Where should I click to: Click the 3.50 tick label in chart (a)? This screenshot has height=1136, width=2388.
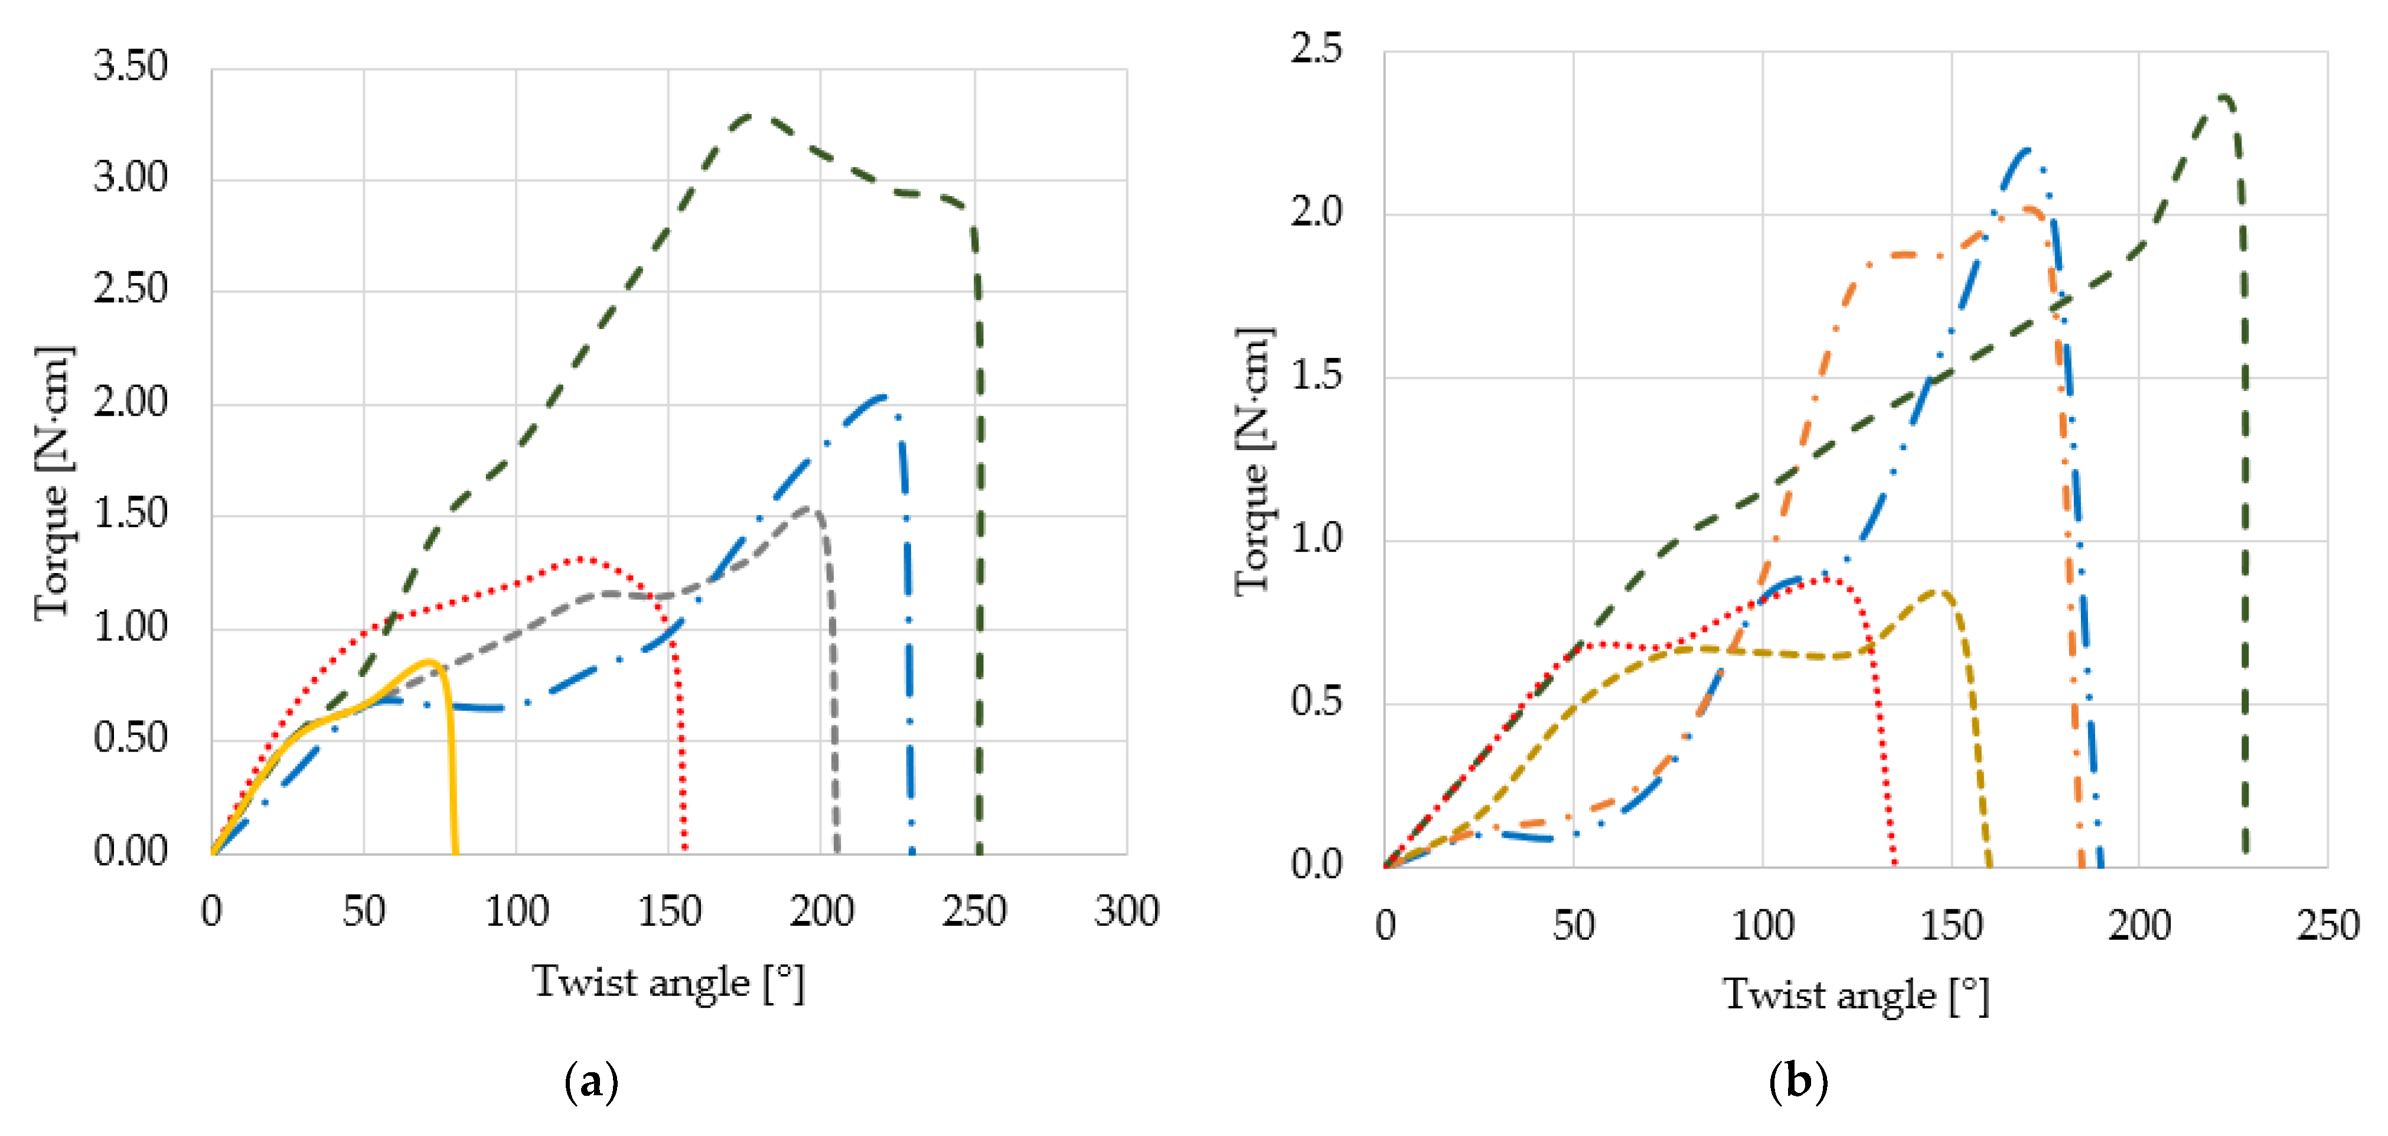click(x=131, y=67)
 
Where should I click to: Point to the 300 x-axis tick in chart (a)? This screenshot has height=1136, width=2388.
click(x=1126, y=912)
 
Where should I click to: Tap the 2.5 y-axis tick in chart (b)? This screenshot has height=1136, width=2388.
click(x=1316, y=48)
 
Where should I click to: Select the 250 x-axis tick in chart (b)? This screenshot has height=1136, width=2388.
click(x=2327, y=926)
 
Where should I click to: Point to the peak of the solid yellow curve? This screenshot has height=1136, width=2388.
click(x=429, y=661)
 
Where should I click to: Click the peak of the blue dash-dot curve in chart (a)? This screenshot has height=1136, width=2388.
click(x=882, y=397)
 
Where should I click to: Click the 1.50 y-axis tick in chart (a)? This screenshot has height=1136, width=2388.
click(x=131, y=515)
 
